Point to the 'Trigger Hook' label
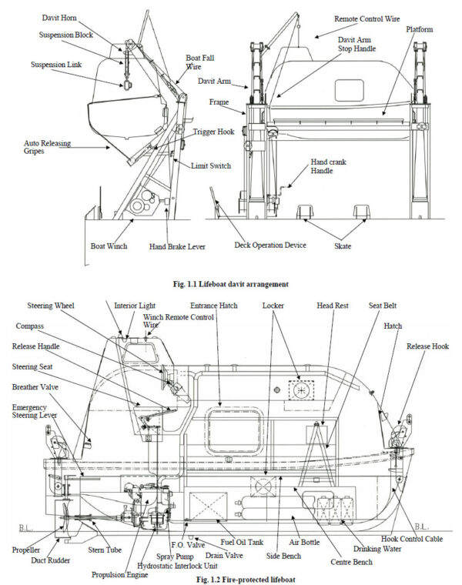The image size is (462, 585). point(213,132)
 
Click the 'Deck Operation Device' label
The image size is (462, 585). point(269,246)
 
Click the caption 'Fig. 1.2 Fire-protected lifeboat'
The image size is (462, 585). point(230,578)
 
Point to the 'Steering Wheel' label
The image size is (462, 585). point(59,306)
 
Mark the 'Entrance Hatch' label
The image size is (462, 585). point(214,306)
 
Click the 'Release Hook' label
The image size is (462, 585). point(427,346)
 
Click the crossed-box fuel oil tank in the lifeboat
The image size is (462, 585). point(208,509)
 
